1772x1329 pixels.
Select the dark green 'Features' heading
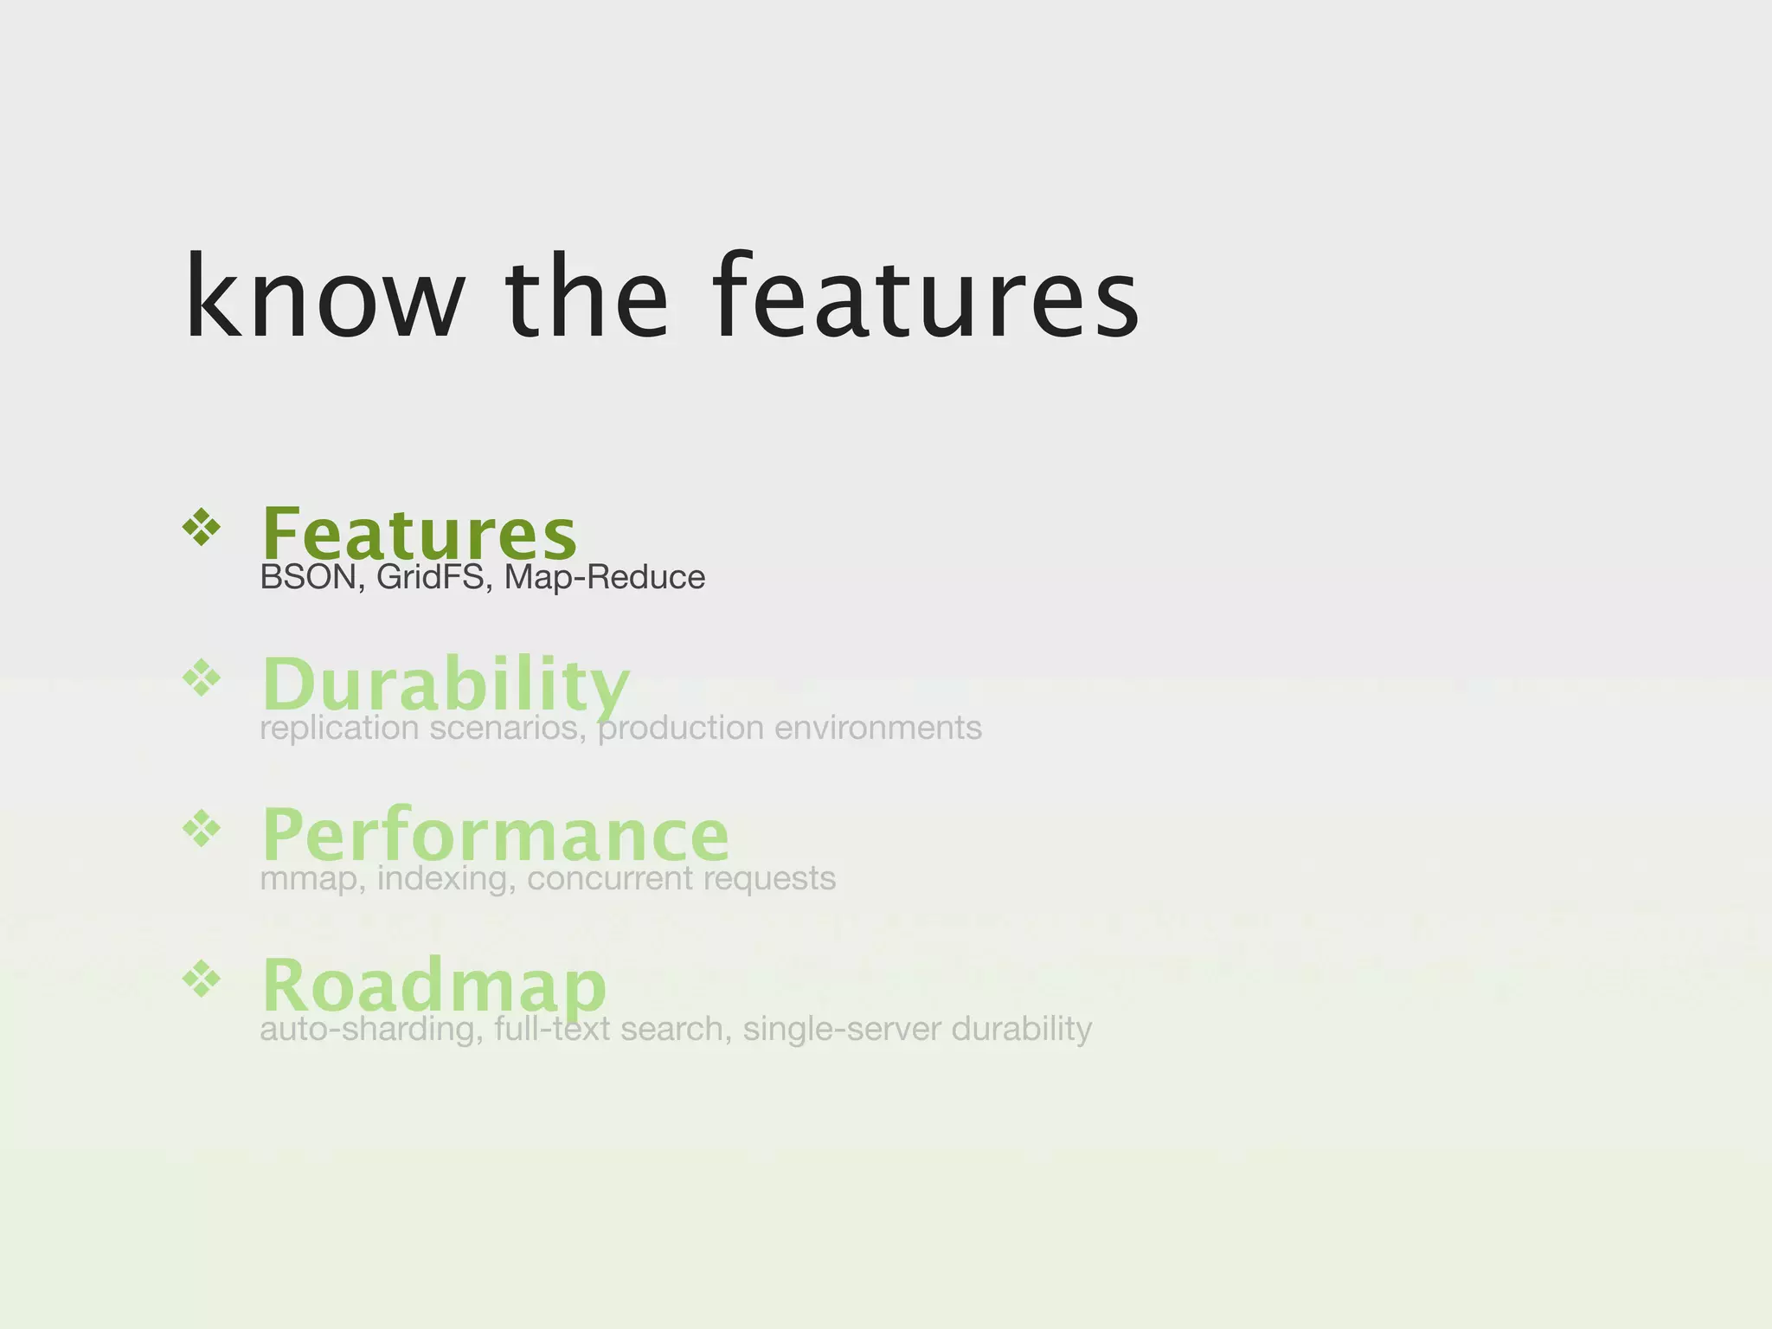(x=419, y=534)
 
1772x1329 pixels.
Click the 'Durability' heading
(x=446, y=684)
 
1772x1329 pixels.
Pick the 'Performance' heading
(x=495, y=834)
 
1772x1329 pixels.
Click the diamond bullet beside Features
(x=202, y=527)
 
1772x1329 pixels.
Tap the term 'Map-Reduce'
(x=605, y=578)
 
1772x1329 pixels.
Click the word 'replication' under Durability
(x=338, y=729)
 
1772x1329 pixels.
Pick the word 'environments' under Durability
(x=877, y=729)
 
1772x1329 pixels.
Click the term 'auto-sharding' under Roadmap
(x=371, y=1030)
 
